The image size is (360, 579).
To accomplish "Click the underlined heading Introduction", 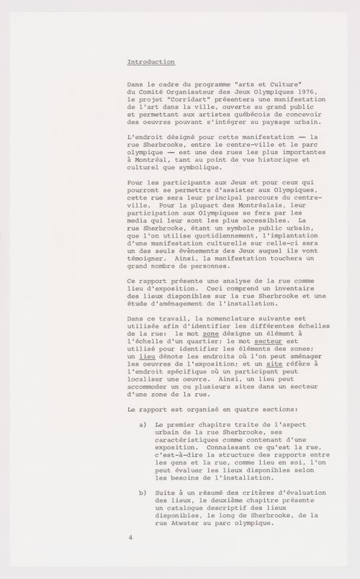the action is click(x=150, y=62).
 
